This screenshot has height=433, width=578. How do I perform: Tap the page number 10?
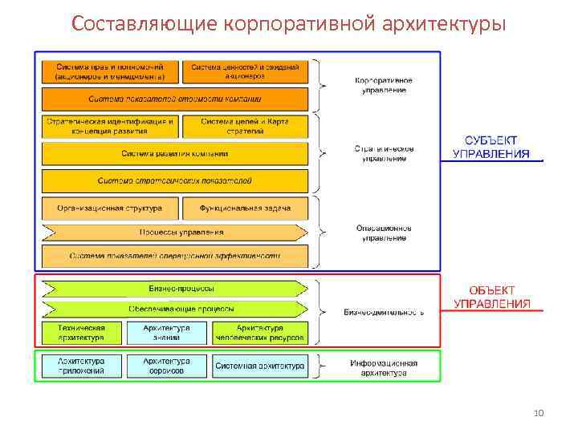pos(539,412)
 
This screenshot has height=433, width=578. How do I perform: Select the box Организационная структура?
pos(110,208)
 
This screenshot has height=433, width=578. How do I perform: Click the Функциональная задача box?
pos(246,208)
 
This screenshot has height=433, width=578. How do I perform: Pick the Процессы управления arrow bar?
pos(175,233)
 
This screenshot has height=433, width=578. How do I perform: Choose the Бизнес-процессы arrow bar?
pos(175,289)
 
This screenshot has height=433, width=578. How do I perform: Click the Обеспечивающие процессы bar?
pos(175,309)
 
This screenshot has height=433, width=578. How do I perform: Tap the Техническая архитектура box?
pos(81,333)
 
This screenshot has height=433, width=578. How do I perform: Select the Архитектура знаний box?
pos(167,333)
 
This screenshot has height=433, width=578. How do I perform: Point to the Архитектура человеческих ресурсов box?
pos(259,333)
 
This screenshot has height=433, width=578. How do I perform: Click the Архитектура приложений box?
pos(81,366)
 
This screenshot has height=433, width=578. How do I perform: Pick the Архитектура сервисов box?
pos(167,366)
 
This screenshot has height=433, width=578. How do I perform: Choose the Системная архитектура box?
pos(259,366)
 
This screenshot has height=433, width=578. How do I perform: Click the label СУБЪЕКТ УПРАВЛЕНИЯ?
pos(491,148)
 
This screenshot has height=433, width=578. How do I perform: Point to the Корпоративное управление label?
pos(384,85)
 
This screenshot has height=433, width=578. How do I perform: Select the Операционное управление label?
pos(384,233)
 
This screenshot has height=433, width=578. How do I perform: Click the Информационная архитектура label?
pos(384,368)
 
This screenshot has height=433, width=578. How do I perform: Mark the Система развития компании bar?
pos(175,153)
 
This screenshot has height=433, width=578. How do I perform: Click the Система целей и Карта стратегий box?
pos(246,126)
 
